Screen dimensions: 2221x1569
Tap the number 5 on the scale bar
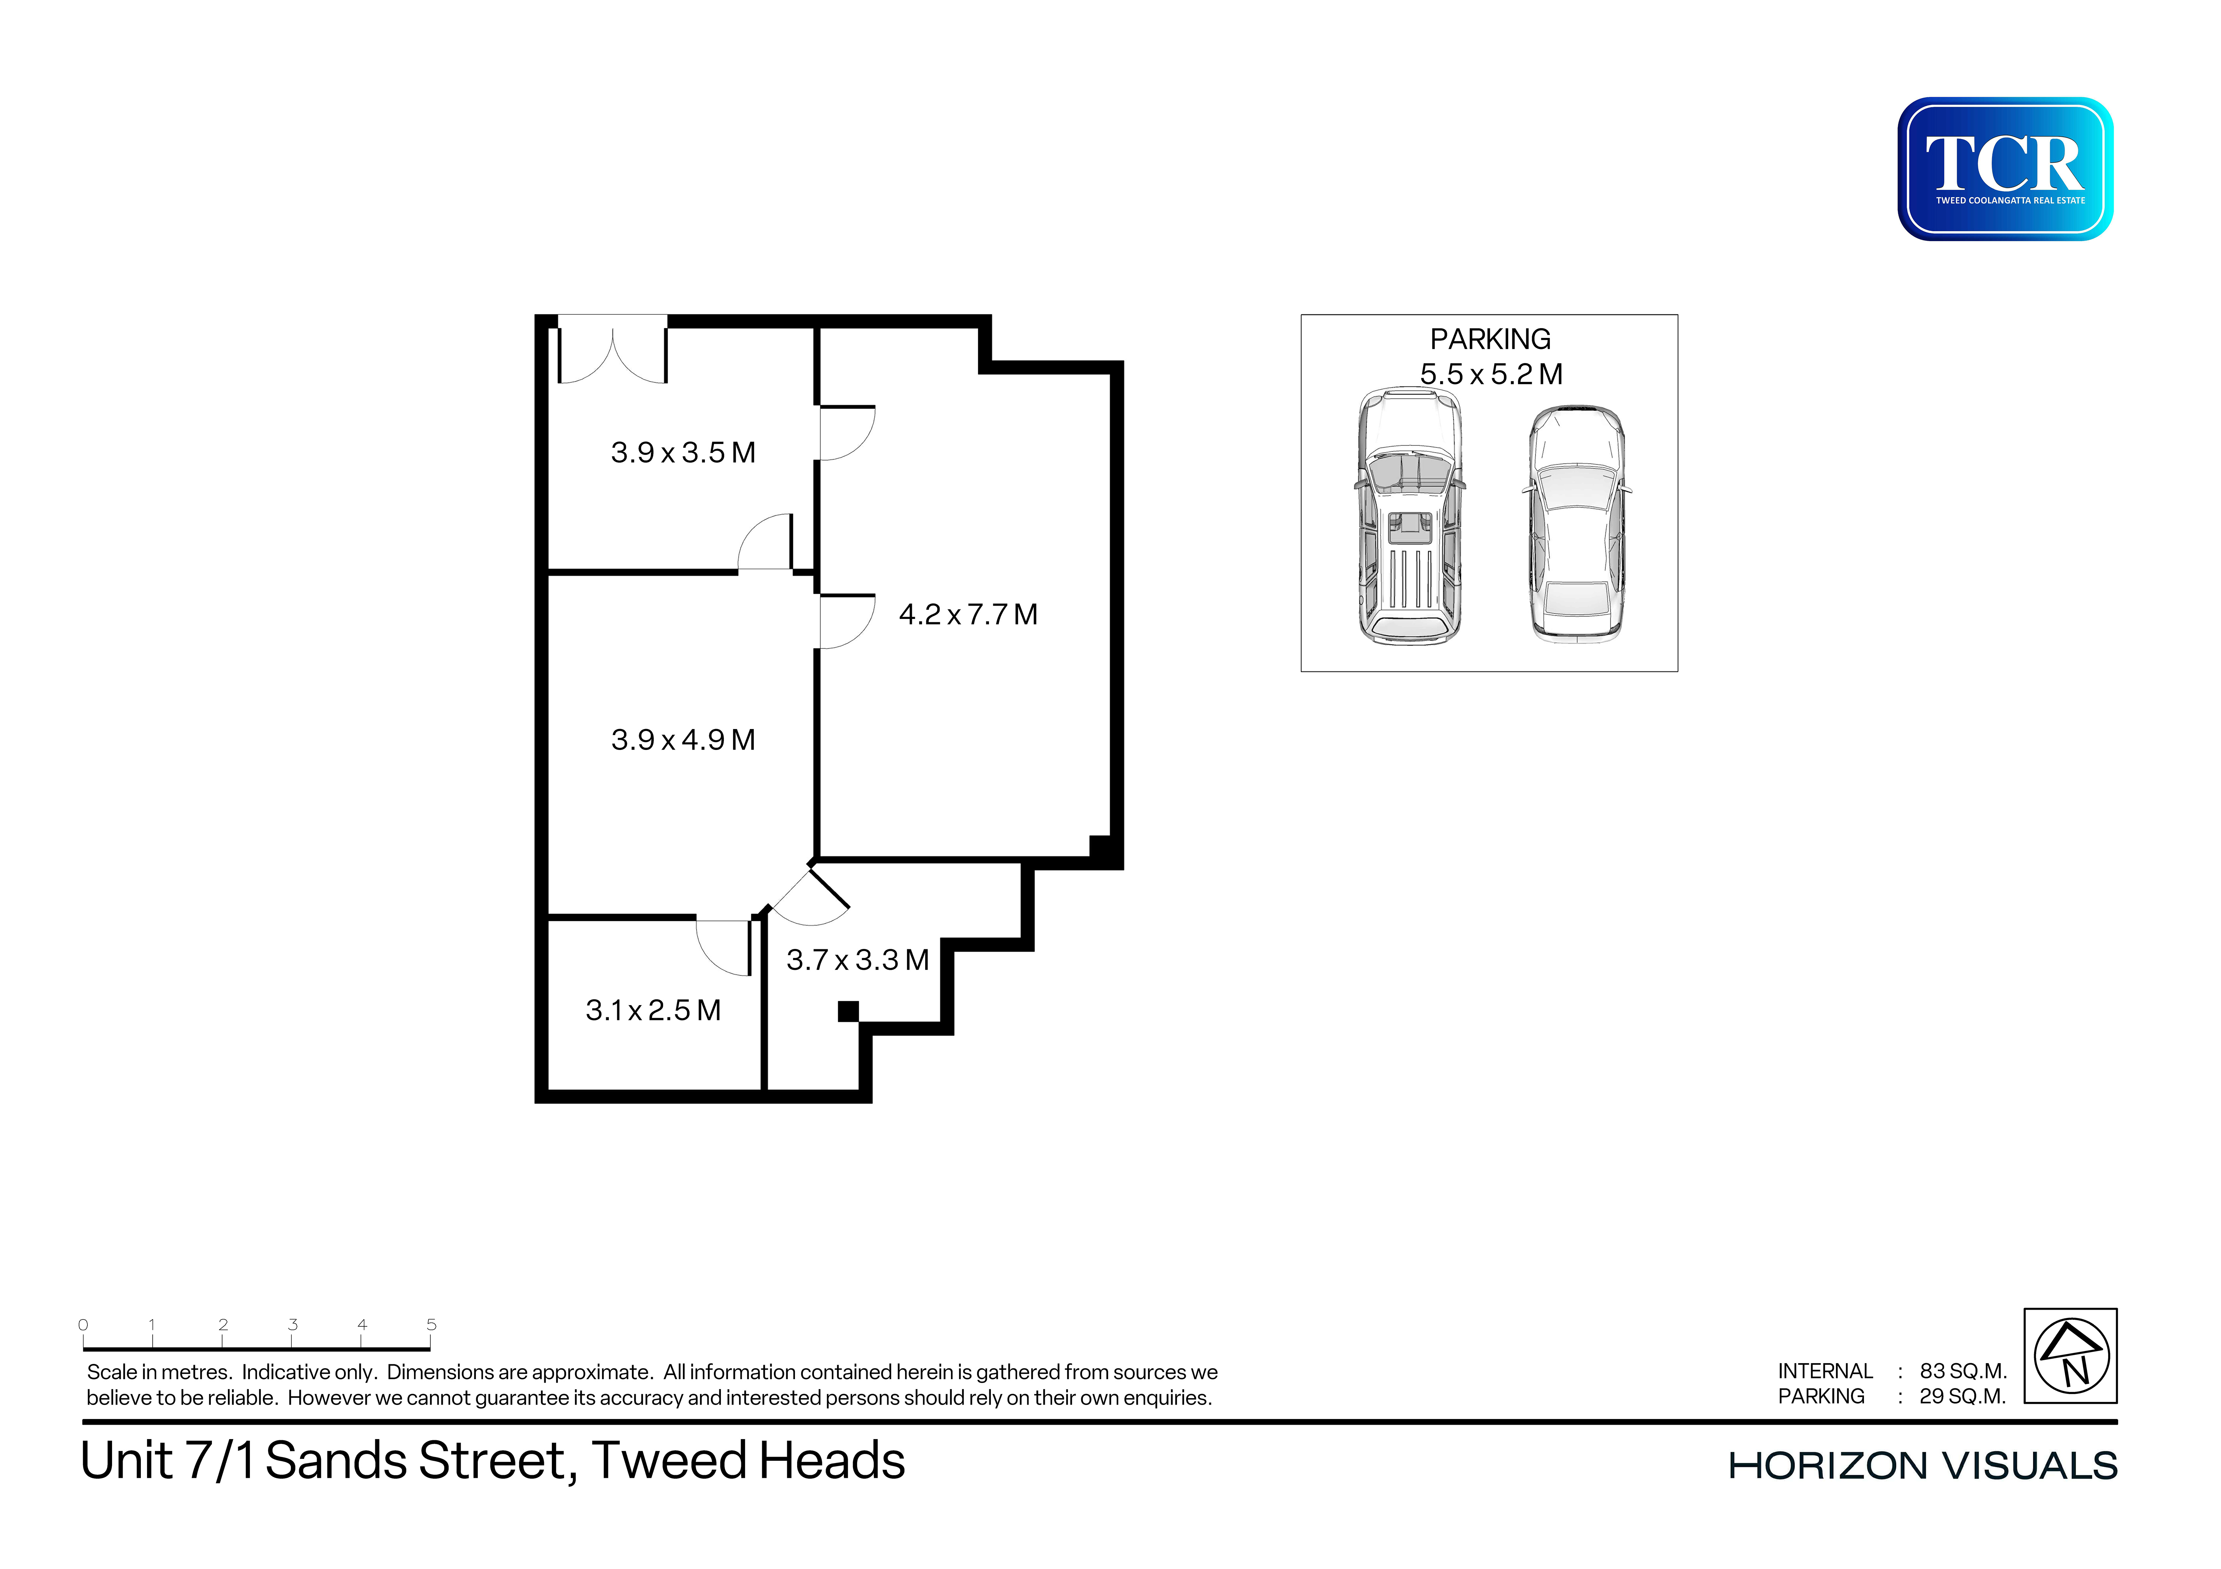point(431,1324)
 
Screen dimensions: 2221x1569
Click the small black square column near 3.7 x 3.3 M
point(848,1012)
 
